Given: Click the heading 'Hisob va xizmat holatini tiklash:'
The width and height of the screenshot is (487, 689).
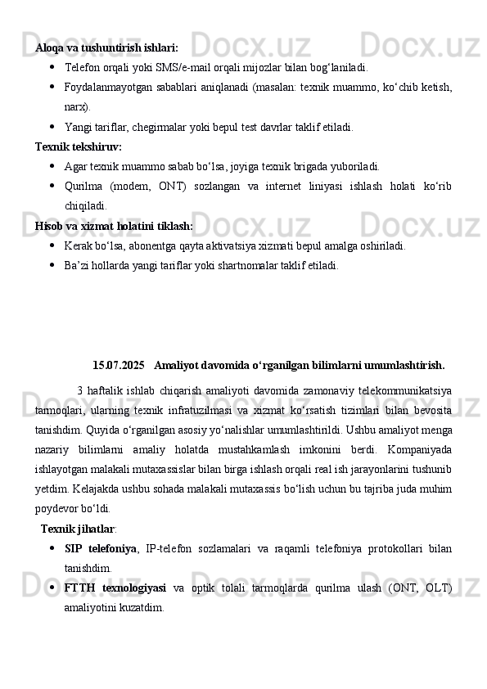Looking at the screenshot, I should coord(115,225).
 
